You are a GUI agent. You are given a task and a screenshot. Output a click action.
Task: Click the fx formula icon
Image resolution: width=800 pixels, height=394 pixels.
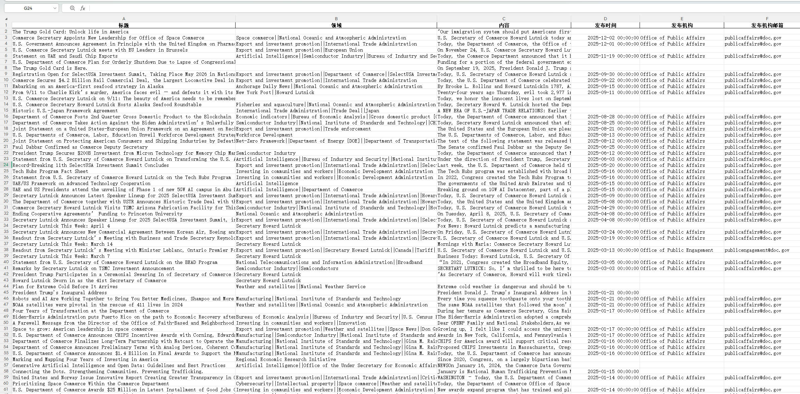point(83,8)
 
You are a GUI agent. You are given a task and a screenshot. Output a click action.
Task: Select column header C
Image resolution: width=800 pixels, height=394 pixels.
point(504,19)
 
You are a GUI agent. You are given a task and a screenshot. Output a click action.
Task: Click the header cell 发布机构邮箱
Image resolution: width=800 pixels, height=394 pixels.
point(767,25)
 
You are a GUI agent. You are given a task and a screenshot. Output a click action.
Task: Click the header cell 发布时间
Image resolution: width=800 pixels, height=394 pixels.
point(605,25)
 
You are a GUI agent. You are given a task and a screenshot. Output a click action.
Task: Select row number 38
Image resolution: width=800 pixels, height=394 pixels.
point(6,250)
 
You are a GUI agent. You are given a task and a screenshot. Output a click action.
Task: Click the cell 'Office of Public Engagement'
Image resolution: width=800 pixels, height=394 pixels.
point(677,250)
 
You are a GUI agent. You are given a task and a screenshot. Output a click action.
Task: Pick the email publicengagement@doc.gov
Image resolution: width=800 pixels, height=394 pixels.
point(757,250)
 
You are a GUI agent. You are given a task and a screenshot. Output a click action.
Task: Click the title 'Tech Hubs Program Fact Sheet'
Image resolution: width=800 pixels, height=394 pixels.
point(50,171)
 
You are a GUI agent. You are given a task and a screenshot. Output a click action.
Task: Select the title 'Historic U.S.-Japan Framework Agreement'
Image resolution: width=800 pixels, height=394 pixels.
point(65,111)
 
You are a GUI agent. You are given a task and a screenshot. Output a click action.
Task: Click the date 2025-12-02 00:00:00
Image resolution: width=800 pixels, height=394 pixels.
point(613,38)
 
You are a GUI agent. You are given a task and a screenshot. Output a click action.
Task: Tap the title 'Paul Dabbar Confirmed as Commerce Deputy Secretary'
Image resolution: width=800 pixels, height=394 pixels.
point(80,147)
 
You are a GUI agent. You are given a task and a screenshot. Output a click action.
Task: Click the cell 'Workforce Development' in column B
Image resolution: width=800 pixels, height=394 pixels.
point(264,135)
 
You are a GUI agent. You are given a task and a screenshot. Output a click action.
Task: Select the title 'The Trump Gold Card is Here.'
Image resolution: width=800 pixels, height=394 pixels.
point(50,68)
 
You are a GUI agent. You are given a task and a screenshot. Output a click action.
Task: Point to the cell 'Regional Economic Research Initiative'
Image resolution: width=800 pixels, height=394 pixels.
point(286,359)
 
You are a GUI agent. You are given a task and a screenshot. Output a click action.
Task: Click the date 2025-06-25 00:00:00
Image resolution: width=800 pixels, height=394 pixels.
point(613,147)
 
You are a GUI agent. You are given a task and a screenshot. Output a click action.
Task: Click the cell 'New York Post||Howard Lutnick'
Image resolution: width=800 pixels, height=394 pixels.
point(275,92)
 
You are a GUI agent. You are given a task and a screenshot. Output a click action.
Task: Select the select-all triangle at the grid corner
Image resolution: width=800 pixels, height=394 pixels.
point(6,19)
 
